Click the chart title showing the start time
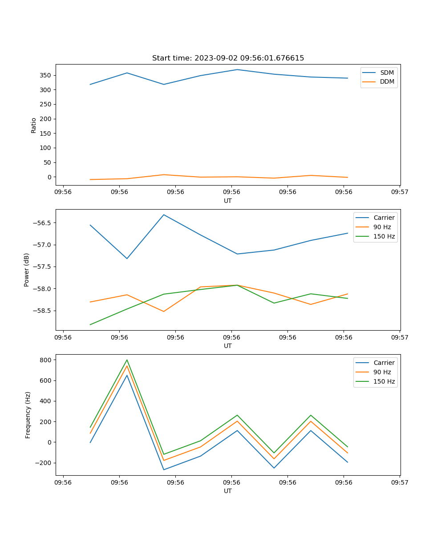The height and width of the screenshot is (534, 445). [x=228, y=58]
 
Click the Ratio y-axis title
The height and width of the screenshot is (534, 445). [x=34, y=125]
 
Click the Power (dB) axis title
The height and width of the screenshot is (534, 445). [x=27, y=270]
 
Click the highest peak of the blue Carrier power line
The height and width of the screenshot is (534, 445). [x=164, y=215]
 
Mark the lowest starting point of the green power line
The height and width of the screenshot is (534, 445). [x=90, y=324]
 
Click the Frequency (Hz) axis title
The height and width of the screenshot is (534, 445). [x=28, y=415]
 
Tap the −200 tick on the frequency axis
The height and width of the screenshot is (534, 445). [x=44, y=463]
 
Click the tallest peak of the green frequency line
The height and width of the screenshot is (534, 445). [x=127, y=360]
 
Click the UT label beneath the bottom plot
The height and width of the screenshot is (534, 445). [x=228, y=491]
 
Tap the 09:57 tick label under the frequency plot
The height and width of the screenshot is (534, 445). [x=400, y=482]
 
